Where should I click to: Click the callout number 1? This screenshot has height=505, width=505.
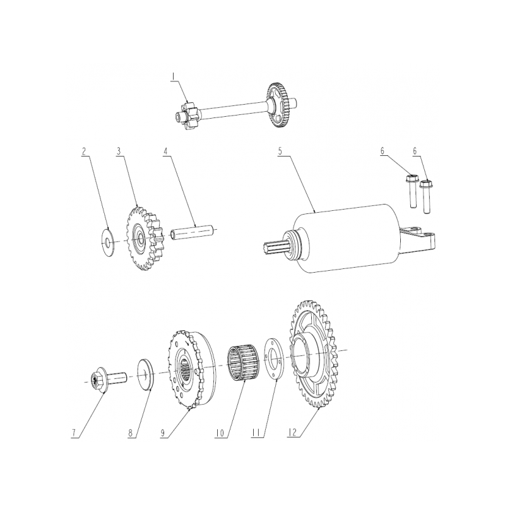point(173,76)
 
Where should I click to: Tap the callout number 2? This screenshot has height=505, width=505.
point(84,151)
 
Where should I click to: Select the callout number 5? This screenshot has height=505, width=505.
point(280,151)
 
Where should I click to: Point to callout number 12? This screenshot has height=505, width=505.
point(292,433)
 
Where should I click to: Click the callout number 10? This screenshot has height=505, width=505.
point(220,433)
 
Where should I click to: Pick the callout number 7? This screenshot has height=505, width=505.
point(74,433)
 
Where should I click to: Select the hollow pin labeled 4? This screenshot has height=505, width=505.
point(193,232)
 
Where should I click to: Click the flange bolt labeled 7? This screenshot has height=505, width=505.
point(109,380)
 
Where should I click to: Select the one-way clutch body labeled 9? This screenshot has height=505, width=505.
point(193,369)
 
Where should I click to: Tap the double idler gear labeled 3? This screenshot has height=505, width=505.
point(146,239)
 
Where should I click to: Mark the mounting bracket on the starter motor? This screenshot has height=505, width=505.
point(418,239)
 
